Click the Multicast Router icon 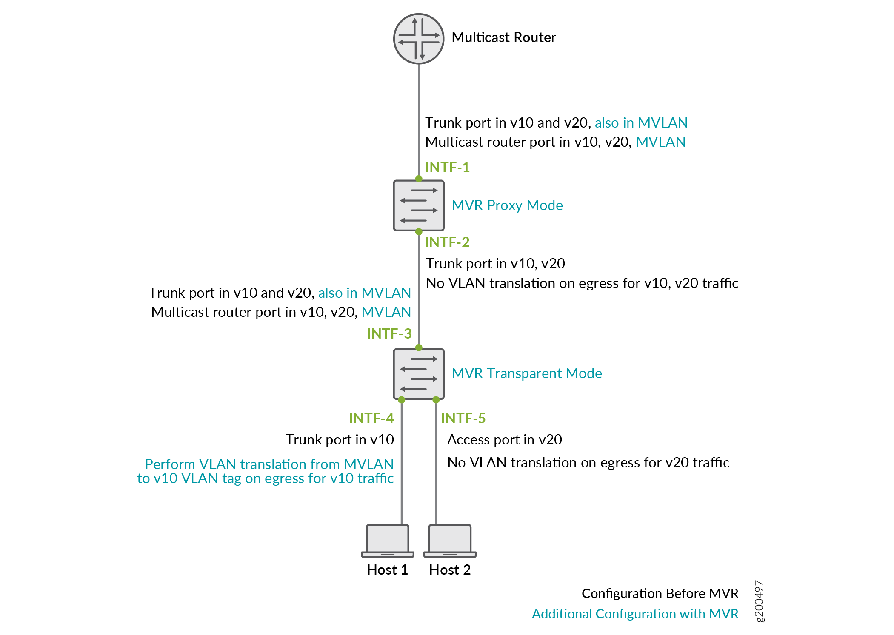[x=419, y=39]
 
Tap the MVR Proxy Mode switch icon [x=419, y=205]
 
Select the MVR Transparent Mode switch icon [x=419, y=374]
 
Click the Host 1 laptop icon [x=388, y=541]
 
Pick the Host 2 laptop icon [x=450, y=541]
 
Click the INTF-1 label [x=447, y=167]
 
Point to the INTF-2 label [x=447, y=242]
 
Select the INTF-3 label [x=389, y=333]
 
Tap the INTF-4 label [x=371, y=418]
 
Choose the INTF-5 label [x=463, y=418]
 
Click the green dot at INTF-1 [x=419, y=179]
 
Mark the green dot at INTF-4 [x=402, y=400]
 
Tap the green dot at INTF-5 [x=436, y=400]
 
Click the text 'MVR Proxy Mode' [x=507, y=205]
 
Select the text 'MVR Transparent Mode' [x=526, y=373]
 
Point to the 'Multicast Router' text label [x=503, y=37]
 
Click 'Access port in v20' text [x=504, y=439]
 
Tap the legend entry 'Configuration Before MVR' [x=660, y=593]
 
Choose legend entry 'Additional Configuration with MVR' [x=635, y=614]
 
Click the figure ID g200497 [x=759, y=601]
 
